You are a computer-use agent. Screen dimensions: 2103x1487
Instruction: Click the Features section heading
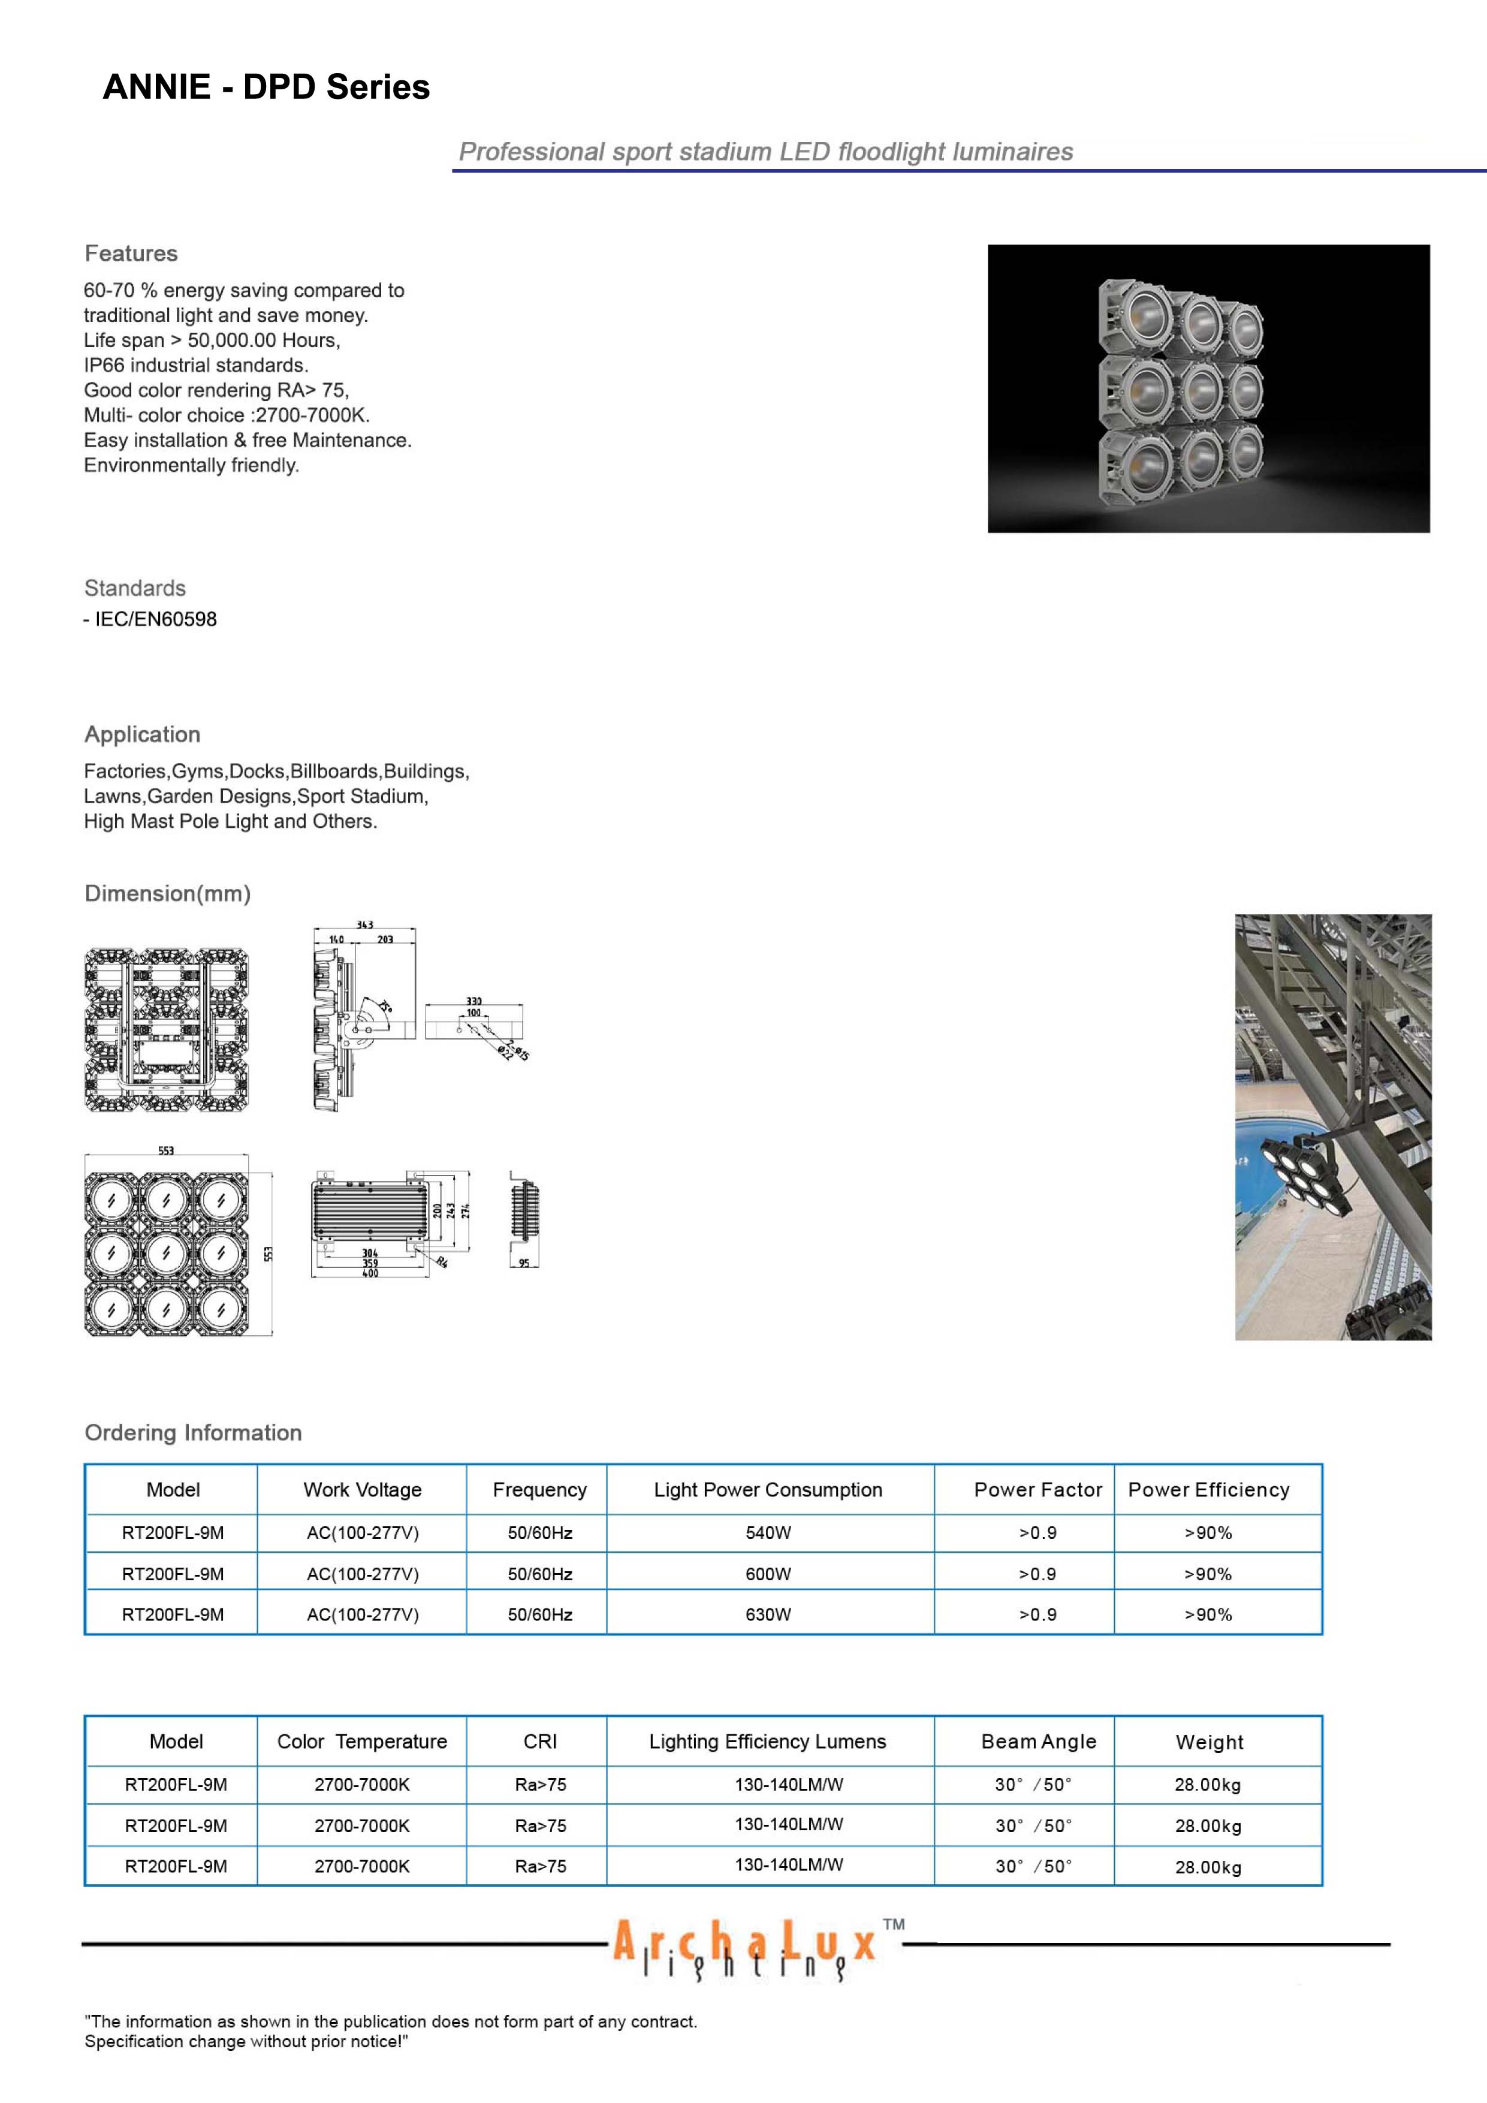(131, 254)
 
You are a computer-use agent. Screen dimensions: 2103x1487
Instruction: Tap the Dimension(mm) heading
(168, 893)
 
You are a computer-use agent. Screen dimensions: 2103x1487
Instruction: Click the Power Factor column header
(1037, 1489)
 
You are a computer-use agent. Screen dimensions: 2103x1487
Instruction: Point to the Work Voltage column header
(363, 1489)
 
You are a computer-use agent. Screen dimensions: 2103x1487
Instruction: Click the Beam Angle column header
(1038, 1741)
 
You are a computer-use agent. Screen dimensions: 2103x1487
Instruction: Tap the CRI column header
(540, 1741)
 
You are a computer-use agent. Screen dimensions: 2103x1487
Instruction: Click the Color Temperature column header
(363, 1741)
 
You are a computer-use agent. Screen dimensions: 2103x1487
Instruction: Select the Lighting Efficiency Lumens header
(767, 1741)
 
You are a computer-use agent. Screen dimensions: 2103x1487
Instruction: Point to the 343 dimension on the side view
(364, 925)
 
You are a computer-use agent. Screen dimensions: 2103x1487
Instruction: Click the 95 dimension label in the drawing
(524, 1263)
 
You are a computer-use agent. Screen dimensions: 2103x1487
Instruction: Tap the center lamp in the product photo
(1201, 390)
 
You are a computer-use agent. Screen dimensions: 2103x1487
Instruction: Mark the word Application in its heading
(142, 734)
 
